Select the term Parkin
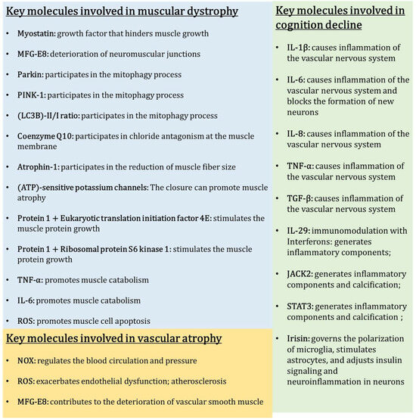pyautogui.click(x=29, y=75)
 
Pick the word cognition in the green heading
pyautogui.click(x=303, y=25)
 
